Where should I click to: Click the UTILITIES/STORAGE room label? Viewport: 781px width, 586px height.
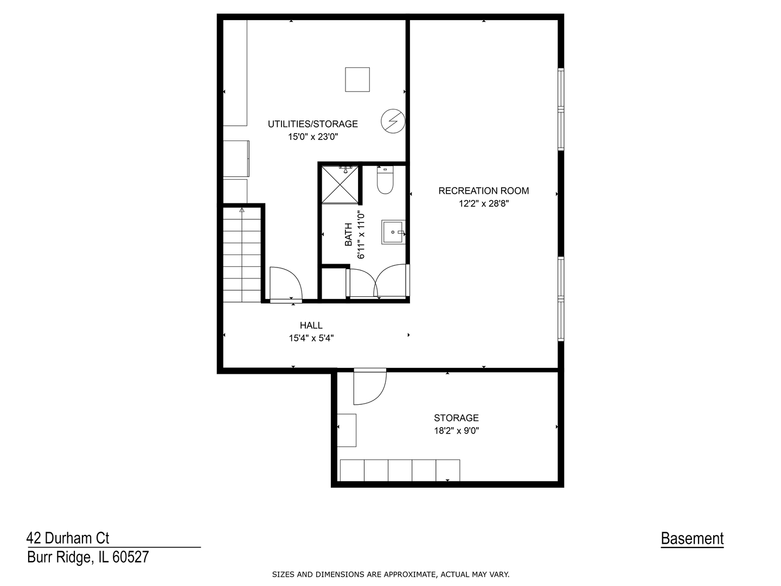312,124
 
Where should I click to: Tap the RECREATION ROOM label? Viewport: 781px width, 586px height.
483,190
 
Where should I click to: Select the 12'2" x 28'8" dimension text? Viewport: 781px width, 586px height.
484,203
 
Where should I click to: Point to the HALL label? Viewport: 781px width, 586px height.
311,325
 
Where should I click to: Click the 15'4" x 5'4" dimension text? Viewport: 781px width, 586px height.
311,338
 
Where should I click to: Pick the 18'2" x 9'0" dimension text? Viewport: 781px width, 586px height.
456,430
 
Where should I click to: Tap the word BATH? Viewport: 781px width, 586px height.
348,234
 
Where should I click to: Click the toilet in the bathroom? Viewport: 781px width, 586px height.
385,180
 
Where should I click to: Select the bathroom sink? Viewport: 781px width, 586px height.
393,232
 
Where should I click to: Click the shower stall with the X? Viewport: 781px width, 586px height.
340,184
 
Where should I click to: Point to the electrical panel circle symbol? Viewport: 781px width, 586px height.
393,122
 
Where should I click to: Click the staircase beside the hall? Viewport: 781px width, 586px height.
242,255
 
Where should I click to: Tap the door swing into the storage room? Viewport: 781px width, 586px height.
370,387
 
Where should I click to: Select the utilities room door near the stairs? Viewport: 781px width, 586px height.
286,284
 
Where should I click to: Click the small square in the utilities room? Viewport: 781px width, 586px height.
357,79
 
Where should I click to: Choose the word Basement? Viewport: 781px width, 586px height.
692,538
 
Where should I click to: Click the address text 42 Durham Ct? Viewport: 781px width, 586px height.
68,538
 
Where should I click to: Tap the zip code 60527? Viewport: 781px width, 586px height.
131,557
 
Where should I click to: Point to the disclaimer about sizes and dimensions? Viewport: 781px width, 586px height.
390,574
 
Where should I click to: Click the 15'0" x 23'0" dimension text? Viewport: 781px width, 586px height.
313,137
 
